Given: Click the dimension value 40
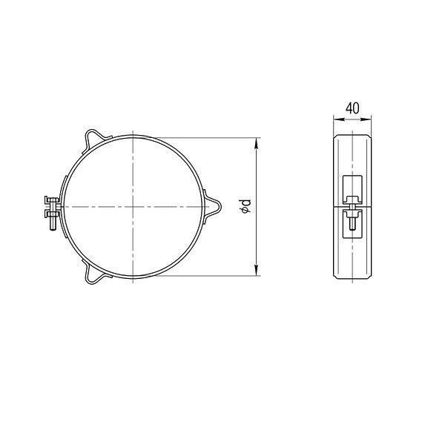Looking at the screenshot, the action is pyautogui.click(x=352, y=108).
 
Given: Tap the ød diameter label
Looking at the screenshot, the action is pyautogui.click(x=245, y=206).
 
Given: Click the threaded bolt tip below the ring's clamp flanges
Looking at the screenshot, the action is pyautogui.click(x=52, y=225).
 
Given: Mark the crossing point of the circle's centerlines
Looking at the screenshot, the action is pyautogui.click(x=133, y=207).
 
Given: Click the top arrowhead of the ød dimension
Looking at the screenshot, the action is pyautogui.click(x=257, y=142).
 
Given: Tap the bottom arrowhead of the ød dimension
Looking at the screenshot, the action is pyautogui.click(x=257, y=270).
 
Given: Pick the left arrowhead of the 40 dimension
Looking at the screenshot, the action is pyautogui.click(x=338, y=119).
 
